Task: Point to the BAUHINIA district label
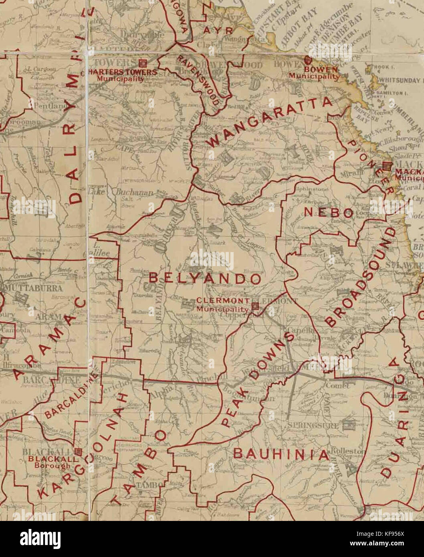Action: coord(281,454)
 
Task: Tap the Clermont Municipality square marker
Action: coord(254,307)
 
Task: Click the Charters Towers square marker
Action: coord(142,63)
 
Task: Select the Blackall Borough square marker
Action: coord(78,452)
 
